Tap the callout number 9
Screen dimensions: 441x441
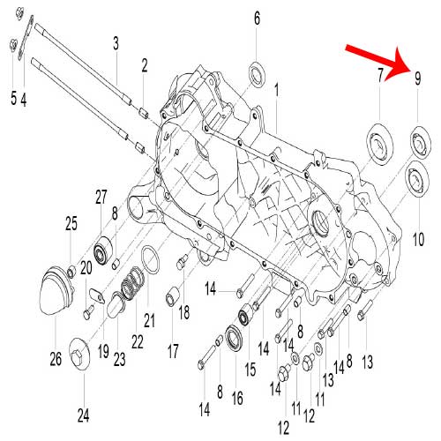point(418,78)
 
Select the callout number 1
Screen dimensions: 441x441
point(275,90)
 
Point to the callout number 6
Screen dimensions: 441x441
point(257,19)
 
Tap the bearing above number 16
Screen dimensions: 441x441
point(235,339)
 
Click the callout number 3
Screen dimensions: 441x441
point(115,42)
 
